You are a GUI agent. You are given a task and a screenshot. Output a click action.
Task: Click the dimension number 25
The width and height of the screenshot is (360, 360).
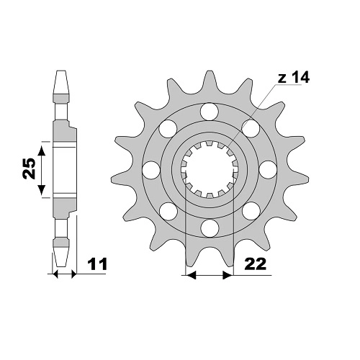tap(29, 168)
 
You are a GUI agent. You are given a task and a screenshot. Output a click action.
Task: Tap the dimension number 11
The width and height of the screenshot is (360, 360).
tap(97, 265)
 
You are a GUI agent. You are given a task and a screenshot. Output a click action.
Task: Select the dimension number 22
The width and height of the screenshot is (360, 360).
tap(256, 264)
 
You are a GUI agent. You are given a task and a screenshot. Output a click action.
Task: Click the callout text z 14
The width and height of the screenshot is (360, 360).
tap(294, 78)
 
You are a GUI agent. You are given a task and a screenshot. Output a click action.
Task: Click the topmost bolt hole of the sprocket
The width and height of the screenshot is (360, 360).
tap(210, 112)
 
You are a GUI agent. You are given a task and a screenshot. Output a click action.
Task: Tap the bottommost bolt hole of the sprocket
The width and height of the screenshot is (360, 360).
tap(210, 228)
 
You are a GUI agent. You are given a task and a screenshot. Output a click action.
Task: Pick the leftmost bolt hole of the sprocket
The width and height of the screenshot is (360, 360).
tap(151, 170)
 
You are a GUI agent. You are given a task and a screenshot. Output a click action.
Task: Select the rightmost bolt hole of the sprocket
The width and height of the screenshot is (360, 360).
tap(269, 170)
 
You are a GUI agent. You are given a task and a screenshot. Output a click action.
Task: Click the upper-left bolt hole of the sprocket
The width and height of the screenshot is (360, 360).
tap(168, 129)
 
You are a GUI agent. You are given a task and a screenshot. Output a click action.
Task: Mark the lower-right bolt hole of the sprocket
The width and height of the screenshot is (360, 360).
tap(251, 211)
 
